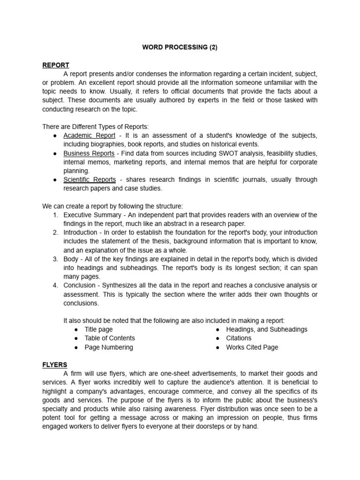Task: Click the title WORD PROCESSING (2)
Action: [x=180, y=47]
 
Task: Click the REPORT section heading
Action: [x=56, y=65]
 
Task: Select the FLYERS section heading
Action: [x=55, y=364]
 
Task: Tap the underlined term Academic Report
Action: [x=89, y=135]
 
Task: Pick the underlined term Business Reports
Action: [x=89, y=153]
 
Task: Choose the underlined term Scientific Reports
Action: [x=90, y=180]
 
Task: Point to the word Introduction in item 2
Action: [x=80, y=232]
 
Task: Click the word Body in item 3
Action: [x=71, y=259]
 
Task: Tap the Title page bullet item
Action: [x=98, y=330]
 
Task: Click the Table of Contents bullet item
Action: [x=109, y=338]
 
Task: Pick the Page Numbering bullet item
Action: [x=108, y=347]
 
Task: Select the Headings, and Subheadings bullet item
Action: [x=266, y=330]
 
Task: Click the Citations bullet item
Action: [x=239, y=338]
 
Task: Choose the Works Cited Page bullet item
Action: [x=252, y=347]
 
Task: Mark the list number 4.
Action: [x=55, y=285]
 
